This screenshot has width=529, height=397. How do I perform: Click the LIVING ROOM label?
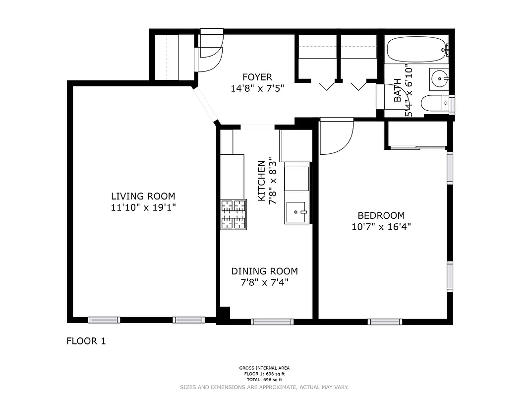[x=143, y=196]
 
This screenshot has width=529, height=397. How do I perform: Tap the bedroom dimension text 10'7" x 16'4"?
[x=381, y=227]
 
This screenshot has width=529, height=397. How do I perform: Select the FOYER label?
[x=257, y=77]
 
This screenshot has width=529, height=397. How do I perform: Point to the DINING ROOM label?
[x=265, y=271]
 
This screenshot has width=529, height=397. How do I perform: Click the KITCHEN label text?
[x=261, y=181]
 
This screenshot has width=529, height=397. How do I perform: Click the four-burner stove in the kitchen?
[x=234, y=214]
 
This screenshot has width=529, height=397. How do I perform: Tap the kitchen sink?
[x=296, y=212]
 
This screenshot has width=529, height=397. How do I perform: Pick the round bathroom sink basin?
[x=439, y=78]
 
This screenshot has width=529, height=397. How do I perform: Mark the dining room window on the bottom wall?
[x=272, y=322]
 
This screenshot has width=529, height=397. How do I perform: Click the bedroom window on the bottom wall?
[x=385, y=322]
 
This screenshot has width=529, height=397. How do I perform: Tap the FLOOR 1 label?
[x=86, y=341]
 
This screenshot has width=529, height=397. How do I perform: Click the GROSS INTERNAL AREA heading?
[x=265, y=368]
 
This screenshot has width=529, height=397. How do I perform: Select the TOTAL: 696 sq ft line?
[x=265, y=380]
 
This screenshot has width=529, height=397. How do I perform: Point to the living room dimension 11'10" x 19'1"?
[x=143, y=207]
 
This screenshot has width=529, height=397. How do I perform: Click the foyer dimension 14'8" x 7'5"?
[x=257, y=89]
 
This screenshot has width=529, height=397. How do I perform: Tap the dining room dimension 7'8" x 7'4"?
[x=265, y=282]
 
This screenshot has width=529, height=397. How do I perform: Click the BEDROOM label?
[x=381, y=215]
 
